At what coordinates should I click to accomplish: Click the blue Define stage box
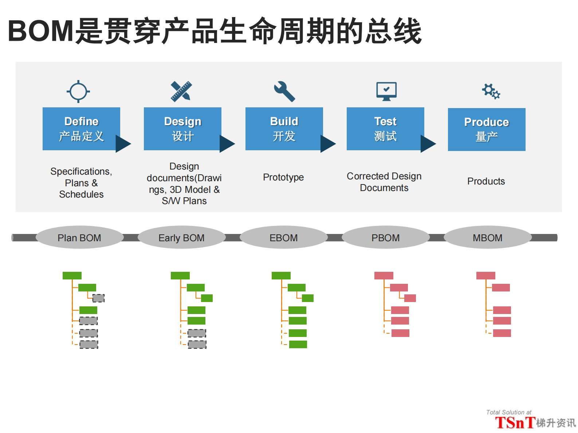point(81,128)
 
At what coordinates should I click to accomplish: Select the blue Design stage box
point(182,128)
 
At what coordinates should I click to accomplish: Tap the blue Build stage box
point(284,128)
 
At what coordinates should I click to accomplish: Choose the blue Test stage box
point(385,128)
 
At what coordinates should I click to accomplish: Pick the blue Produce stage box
point(487,129)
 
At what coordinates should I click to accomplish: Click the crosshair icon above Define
point(78,91)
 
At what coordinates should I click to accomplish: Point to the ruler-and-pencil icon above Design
point(181,91)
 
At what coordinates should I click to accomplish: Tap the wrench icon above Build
point(284,91)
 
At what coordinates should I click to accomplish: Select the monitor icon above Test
point(386,91)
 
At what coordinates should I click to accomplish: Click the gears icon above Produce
point(491,91)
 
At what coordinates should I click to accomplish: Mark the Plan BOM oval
point(79,238)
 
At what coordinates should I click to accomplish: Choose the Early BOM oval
point(181,238)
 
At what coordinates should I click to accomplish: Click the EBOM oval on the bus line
point(283,238)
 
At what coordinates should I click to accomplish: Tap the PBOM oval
point(385,238)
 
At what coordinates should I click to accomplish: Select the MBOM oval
point(487,238)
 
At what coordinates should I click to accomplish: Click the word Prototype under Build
point(283,177)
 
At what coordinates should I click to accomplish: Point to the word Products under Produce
point(486,181)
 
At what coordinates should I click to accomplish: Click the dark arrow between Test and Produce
point(428,144)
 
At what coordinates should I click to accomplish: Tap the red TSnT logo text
point(515,423)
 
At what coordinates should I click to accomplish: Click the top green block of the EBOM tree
point(281,275)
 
